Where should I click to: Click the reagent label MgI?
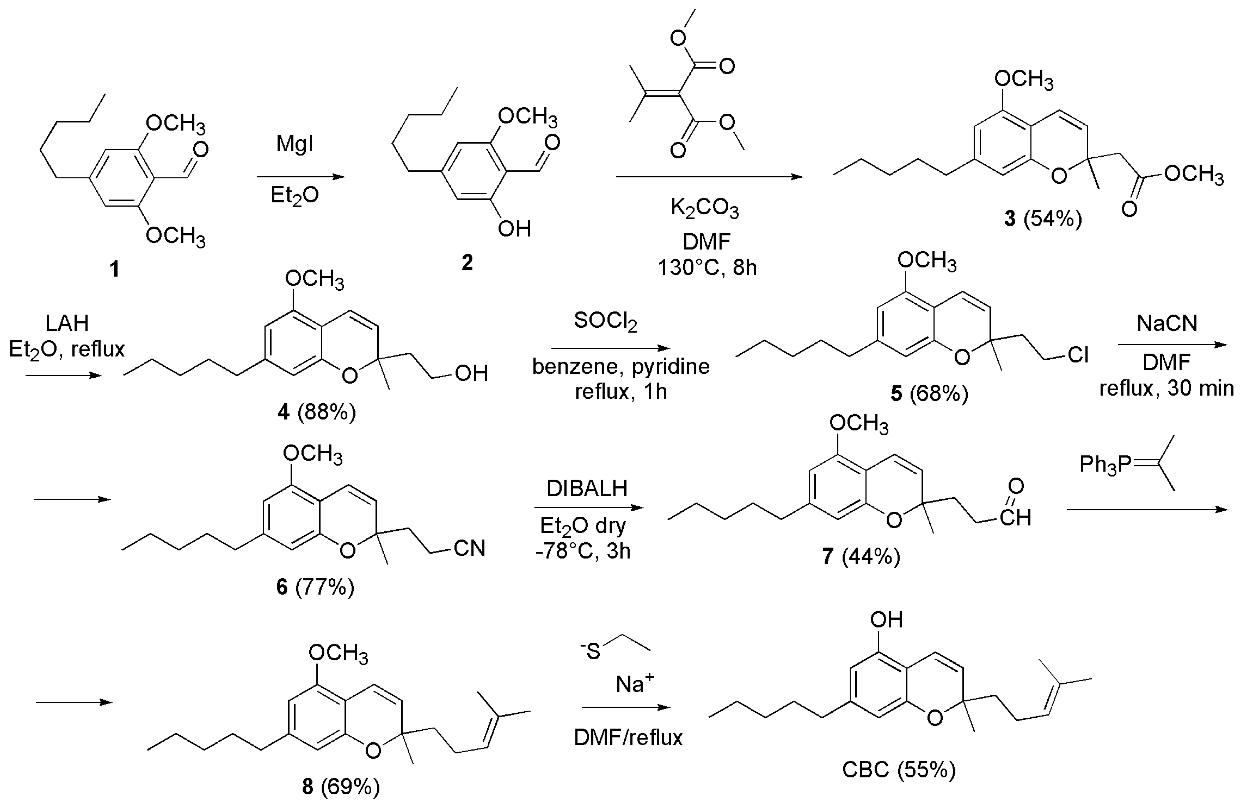[x=295, y=144]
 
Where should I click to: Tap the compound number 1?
[x=114, y=269]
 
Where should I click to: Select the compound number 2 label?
[x=467, y=262]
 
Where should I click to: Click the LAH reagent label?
[x=67, y=323]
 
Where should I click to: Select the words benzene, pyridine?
[x=620, y=367]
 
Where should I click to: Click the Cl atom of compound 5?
[x=1077, y=356]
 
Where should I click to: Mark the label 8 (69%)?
[x=340, y=786]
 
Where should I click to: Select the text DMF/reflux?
[x=628, y=737]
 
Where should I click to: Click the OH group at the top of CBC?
[x=886, y=620]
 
